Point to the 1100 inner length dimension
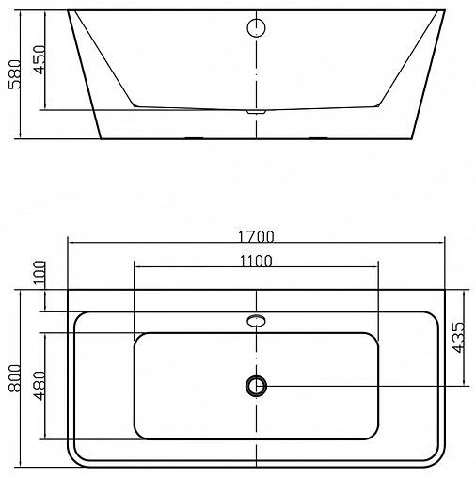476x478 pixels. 257,261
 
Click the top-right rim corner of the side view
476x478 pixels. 443,13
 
